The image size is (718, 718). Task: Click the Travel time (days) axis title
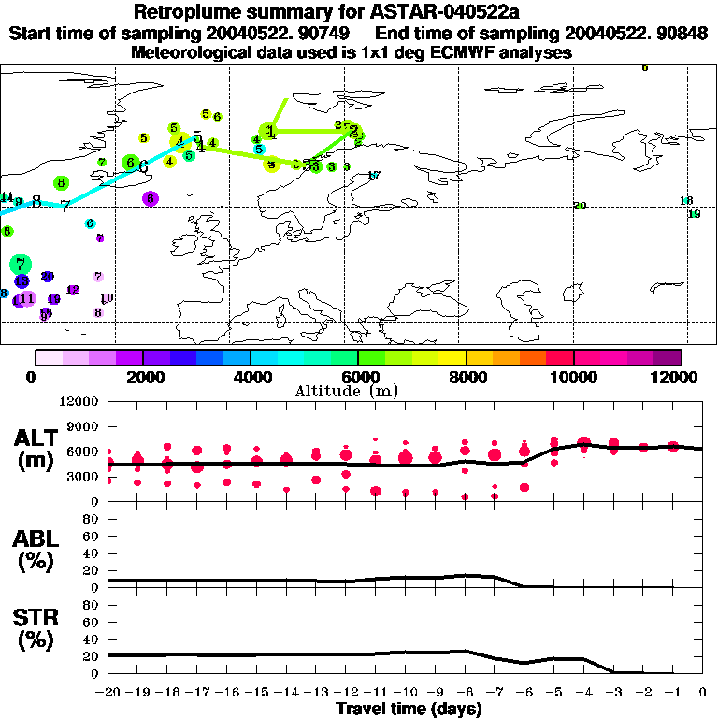409,710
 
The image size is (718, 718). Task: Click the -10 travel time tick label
405,693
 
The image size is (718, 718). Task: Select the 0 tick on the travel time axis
702,693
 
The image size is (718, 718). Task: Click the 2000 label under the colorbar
141,377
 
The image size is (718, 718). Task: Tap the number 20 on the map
580,206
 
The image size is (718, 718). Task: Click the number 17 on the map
374,175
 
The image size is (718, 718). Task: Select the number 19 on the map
695,214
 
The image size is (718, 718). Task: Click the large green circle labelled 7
21,264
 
